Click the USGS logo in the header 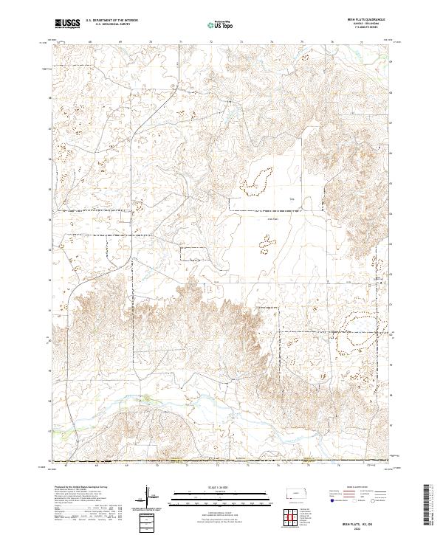(x=67, y=24)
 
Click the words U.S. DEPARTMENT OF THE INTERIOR (x=111, y=21)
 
